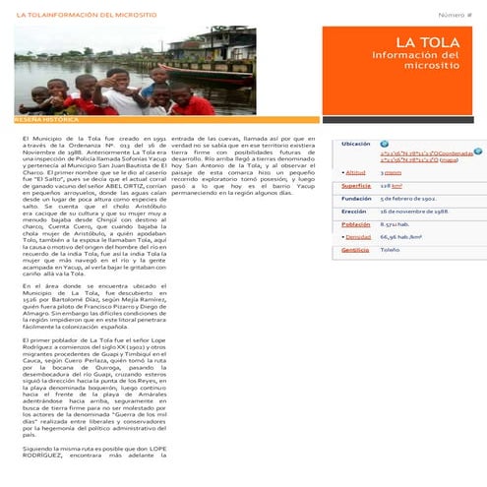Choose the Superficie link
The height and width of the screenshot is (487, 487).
355,185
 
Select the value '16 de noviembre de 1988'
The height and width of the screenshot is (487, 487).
414,211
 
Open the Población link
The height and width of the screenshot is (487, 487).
355,224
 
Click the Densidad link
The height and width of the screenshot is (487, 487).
357,237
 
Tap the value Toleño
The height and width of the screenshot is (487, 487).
390,250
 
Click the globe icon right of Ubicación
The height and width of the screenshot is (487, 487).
385,144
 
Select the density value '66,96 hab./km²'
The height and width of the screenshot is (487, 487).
401,237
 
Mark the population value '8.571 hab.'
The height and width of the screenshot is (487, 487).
395,224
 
